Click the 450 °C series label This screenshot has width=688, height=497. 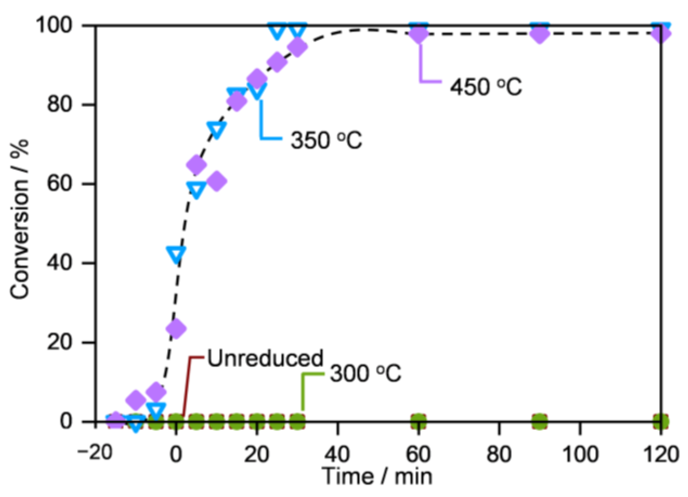(486, 87)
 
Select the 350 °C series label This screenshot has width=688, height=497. (326, 140)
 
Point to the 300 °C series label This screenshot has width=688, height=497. (365, 373)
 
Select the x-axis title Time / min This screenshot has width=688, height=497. (377, 476)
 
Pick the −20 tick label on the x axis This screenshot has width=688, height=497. (95, 453)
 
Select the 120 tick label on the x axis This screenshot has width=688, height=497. (661, 454)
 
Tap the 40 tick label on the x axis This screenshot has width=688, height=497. (337, 454)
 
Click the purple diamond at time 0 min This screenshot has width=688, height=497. (176, 328)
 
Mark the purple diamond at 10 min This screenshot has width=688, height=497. (216, 181)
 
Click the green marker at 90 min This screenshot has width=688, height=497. (540, 421)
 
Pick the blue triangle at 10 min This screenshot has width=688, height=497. (216, 129)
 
